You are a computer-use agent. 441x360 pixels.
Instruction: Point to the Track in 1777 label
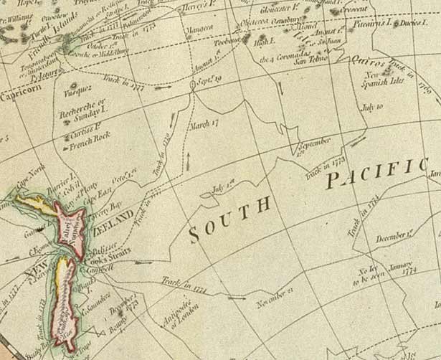[127, 87]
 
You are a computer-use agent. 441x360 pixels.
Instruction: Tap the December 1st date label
[395, 235]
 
